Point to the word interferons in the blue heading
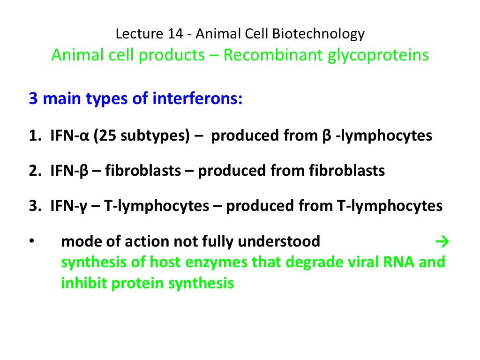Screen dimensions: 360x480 click(x=197, y=99)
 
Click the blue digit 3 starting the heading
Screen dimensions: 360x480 click(x=33, y=99)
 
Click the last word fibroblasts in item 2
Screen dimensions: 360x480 click(x=346, y=171)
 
